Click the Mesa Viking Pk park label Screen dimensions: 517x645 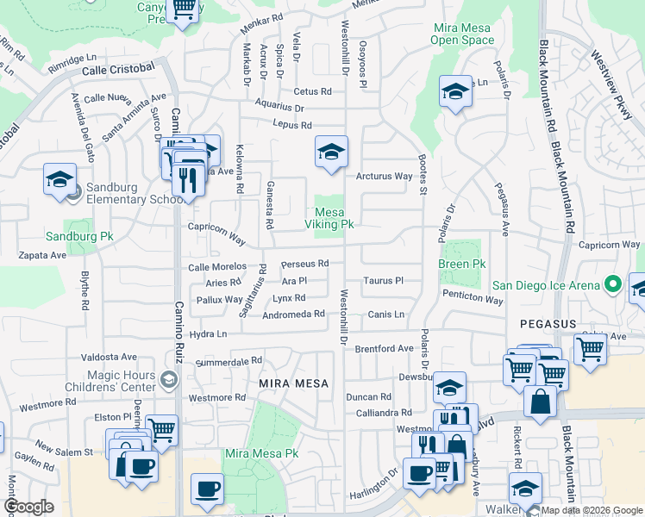click(329, 218)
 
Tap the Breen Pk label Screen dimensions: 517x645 click(462, 264)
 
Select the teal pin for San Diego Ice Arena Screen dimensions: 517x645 click(613, 283)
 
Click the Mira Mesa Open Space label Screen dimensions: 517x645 click(461, 34)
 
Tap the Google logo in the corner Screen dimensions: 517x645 click(28, 507)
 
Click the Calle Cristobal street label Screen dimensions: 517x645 click(118, 68)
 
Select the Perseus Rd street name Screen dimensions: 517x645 click(305, 264)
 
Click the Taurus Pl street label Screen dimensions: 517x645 click(383, 281)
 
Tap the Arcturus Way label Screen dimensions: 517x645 click(385, 177)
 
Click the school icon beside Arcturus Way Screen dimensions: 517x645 click(331, 153)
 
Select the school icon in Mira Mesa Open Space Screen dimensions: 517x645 click(454, 92)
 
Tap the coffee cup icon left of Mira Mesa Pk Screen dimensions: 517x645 click(206, 489)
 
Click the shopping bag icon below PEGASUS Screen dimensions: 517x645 click(540, 401)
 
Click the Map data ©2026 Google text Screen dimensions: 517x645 click(591, 509)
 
